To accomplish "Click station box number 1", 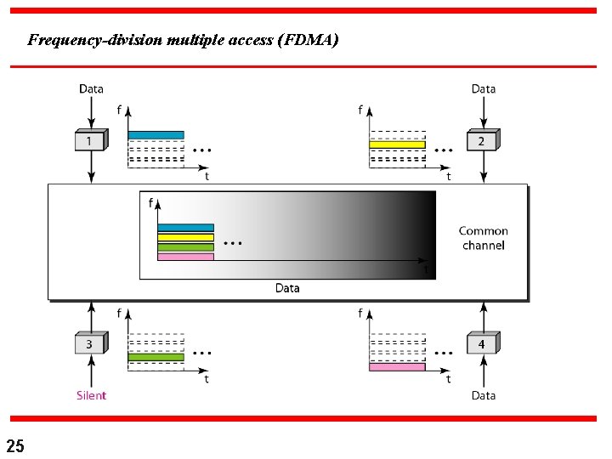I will click(x=89, y=141).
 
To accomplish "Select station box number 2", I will click(x=481, y=141).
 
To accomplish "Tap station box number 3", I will click(x=89, y=344).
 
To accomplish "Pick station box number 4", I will click(x=481, y=344).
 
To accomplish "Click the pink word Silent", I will click(x=91, y=395).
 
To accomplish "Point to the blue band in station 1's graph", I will click(x=156, y=134).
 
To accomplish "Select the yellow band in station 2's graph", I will click(x=397, y=144).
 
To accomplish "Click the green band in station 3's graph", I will click(x=156, y=358).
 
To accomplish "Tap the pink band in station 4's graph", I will click(x=397, y=366).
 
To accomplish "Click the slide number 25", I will click(x=15, y=445).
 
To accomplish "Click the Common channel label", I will click(x=483, y=238).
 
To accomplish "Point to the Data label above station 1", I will click(x=91, y=88).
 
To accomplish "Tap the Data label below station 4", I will click(x=483, y=395).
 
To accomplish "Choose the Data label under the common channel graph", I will click(x=287, y=288).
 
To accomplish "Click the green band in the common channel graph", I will click(x=185, y=246).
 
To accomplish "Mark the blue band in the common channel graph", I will click(x=185, y=228).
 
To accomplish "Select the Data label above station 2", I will click(x=483, y=88).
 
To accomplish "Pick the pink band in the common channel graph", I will click(x=185, y=256).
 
